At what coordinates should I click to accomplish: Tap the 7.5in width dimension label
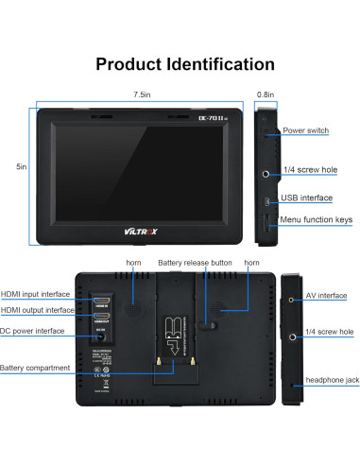142,95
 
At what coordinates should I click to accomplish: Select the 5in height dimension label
21,167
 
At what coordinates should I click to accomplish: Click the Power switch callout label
305,130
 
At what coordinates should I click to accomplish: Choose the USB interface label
308,198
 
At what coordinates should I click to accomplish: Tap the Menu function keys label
317,219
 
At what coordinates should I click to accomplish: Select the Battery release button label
195,262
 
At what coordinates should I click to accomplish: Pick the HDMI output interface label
37,310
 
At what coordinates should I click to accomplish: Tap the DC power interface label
33,331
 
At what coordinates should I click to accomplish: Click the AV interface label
325,296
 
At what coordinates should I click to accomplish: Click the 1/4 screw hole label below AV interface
330,333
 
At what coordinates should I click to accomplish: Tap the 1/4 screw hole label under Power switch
309,171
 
